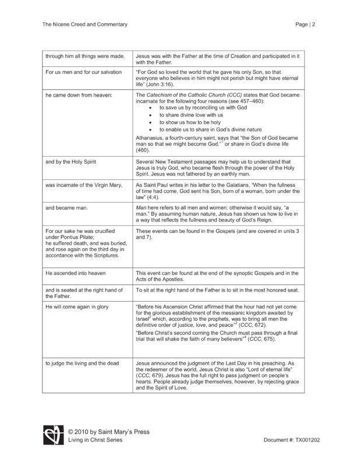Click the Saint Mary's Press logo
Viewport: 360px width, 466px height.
point(51,435)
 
